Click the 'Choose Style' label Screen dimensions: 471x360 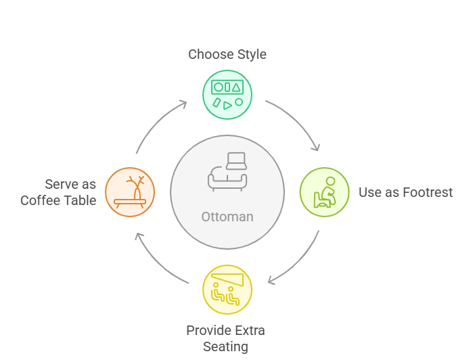coord(227,55)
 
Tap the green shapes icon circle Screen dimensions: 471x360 coord(227,95)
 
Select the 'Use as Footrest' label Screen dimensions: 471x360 coord(405,192)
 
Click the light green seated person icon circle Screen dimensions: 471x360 coord(324,192)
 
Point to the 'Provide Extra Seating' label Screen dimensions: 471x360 coord(225,338)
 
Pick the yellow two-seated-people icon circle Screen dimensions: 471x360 coord(227,290)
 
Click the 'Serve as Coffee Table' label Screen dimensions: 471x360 coord(58,192)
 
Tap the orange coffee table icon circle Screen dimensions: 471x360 coord(130,192)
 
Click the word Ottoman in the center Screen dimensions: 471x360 coord(227,217)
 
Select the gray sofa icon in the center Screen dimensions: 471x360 coord(227,172)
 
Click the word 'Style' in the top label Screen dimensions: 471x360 coord(252,55)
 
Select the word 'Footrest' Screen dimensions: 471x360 coord(428,192)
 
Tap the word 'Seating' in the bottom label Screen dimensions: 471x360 coord(225,346)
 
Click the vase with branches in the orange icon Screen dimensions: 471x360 coord(136,188)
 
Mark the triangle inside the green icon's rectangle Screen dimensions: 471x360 coord(236,88)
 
